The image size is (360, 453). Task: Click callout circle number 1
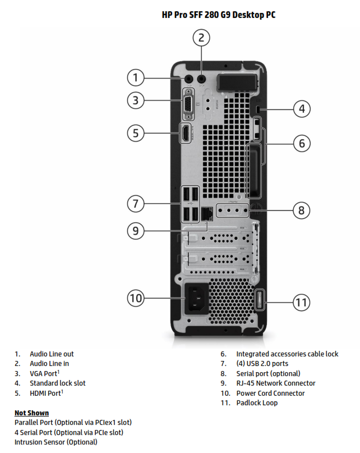click(135, 77)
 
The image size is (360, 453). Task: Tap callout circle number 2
click(202, 38)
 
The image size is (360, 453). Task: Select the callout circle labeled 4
click(302, 108)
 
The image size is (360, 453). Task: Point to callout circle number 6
click(302, 143)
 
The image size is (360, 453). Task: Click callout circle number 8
click(302, 211)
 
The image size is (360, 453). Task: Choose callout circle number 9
click(135, 229)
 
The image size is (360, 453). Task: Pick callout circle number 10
click(135, 298)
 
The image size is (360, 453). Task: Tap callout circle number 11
click(302, 303)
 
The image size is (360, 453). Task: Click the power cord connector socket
click(195, 299)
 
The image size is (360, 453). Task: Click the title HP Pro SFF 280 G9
click(219, 15)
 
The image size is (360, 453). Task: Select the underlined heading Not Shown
click(31, 413)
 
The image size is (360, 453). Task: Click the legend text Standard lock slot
click(58, 383)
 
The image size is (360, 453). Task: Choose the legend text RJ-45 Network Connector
click(275, 383)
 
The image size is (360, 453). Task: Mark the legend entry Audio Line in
click(51, 364)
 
